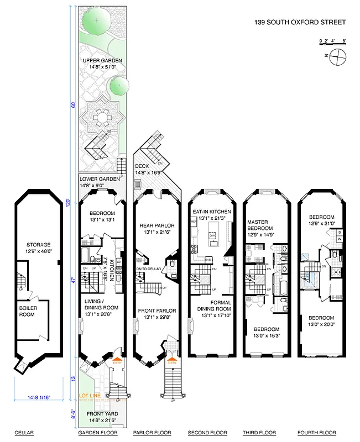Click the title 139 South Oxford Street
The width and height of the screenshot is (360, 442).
pos(299,23)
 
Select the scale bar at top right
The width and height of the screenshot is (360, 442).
pos(332,43)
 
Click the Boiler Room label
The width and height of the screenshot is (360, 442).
pos(27,311)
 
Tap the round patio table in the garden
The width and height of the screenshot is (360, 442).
pos(101,117)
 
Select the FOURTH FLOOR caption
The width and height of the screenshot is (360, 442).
pos(316,433)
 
